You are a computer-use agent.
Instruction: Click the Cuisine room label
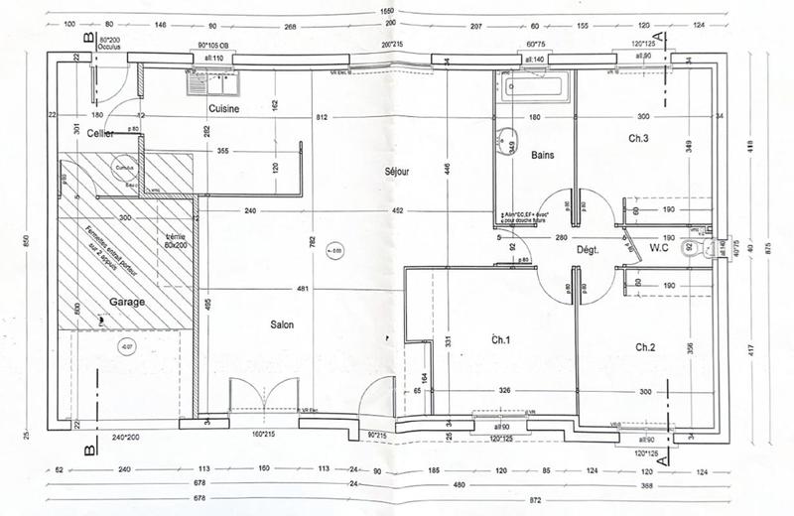(222, 109)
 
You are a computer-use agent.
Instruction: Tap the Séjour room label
(397, 172)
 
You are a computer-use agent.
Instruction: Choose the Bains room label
(542, 155)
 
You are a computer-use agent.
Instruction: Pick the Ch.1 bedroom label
(501, 340)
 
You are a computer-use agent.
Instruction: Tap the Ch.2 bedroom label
(645, 347)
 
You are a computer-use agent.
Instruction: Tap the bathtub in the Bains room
(535, 86)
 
